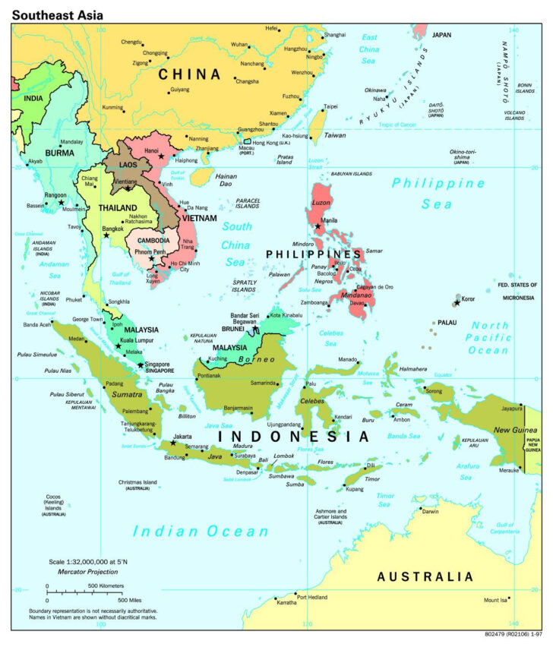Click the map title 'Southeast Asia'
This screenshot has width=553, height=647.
(58, 14)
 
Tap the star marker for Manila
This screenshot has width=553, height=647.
(318, 226)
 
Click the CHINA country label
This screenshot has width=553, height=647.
(189, 74)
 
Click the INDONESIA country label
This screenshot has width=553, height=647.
(293, 437)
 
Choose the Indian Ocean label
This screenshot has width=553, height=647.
(201, 532)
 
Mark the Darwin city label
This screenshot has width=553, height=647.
(430, 511)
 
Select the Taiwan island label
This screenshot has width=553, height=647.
(335, 134)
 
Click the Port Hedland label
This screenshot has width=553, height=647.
(312, 598)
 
